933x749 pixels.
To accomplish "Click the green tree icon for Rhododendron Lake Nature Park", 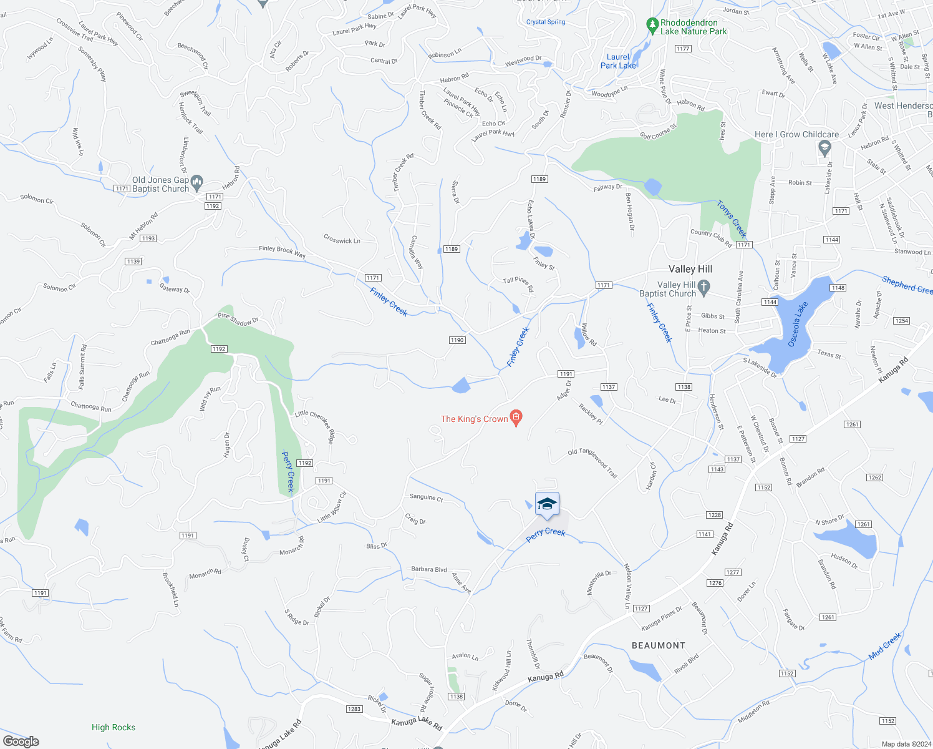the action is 652,26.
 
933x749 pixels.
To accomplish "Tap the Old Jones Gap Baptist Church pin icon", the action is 197,183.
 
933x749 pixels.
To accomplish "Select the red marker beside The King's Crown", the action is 516,418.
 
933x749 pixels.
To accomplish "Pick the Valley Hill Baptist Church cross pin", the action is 704,288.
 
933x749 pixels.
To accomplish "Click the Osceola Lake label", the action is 797,324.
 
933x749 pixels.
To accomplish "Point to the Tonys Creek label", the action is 731,218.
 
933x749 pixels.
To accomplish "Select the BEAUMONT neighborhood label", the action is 659,645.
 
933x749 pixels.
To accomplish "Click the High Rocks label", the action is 114,727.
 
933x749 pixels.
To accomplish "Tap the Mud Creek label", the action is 884,646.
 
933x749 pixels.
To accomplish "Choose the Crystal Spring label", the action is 546,22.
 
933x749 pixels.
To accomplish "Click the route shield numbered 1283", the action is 354,709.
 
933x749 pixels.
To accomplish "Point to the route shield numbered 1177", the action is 683,49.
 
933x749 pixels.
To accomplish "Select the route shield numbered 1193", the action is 148,238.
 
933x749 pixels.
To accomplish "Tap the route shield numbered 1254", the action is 901,321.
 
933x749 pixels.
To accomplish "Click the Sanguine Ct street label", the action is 426,497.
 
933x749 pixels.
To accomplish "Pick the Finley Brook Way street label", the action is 283,252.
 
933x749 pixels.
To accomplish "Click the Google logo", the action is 21,742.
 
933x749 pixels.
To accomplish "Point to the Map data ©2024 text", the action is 904,744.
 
